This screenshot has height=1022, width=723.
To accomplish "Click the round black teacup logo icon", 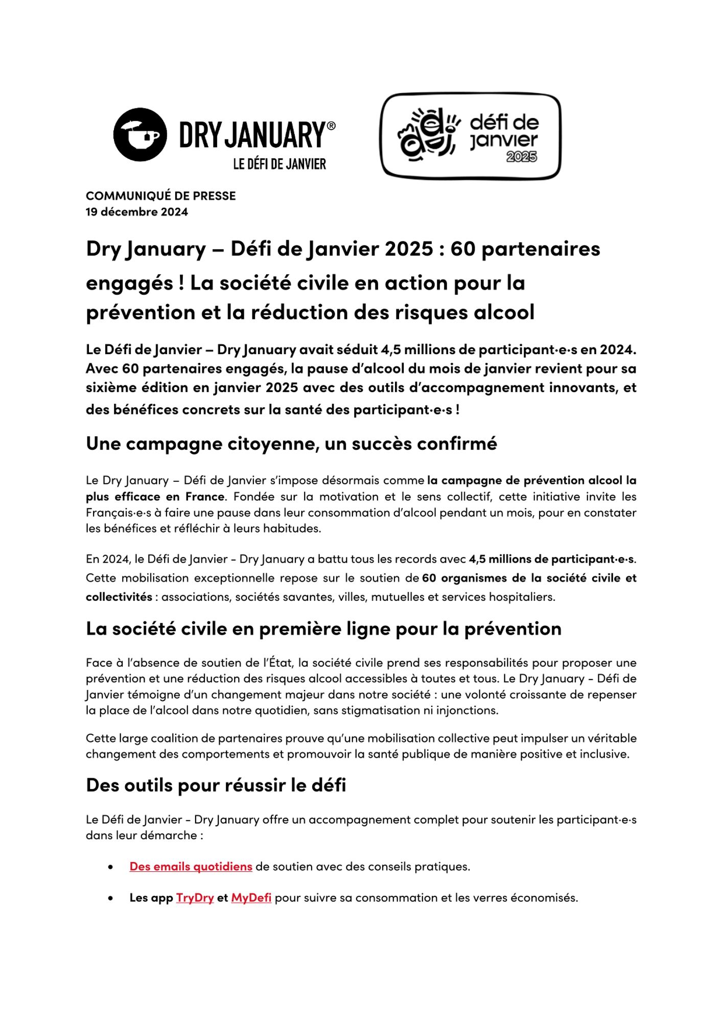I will point(139,134).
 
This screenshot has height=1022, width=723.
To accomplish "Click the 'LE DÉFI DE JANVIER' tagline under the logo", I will point(279,164).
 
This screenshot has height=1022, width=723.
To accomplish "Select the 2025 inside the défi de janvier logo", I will point(521,157).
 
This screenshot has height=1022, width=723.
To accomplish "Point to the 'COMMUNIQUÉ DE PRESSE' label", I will point(160,196).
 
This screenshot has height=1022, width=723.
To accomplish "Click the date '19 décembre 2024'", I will point(136,212).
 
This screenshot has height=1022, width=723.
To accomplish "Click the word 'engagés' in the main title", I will point(129,283).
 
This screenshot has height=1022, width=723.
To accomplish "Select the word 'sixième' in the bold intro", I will point(109,387).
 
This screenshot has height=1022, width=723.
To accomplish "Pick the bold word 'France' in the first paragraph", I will point(204,497).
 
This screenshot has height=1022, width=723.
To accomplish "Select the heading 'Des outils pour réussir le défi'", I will point(216,785).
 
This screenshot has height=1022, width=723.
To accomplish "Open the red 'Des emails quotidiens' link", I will point(191,867).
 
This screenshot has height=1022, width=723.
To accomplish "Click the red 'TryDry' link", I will point(195,898).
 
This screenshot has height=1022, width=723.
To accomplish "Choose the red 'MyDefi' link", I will point(251,898).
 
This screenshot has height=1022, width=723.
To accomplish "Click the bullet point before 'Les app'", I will point(110,898).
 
